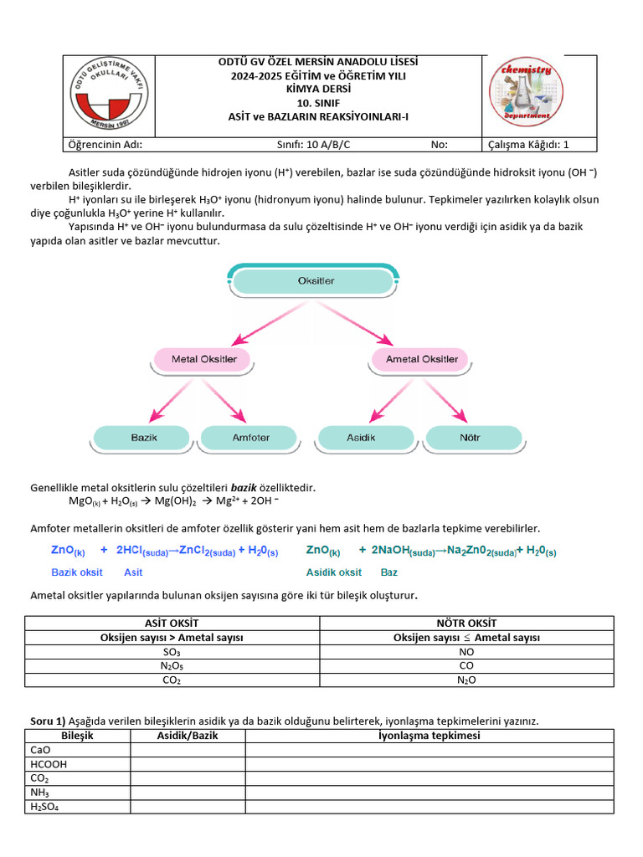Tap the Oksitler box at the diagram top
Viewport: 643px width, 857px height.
click(316, 281)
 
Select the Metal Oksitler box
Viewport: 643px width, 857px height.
click(203, 360)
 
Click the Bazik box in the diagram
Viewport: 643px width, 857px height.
click(144, 438)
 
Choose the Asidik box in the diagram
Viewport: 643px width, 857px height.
click(361, 438)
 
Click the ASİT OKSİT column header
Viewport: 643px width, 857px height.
click(172, 623)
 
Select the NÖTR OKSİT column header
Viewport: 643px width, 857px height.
click(466, 623)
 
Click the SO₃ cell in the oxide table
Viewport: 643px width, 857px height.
click(172, 651)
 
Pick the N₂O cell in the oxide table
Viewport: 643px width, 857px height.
click(466, 680)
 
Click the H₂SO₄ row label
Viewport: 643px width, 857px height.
click(47, 808)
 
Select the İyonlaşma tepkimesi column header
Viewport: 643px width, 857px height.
click(429, 736)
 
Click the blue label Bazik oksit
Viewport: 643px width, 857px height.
click(77, 572)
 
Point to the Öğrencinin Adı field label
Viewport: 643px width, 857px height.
click(105, 144)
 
